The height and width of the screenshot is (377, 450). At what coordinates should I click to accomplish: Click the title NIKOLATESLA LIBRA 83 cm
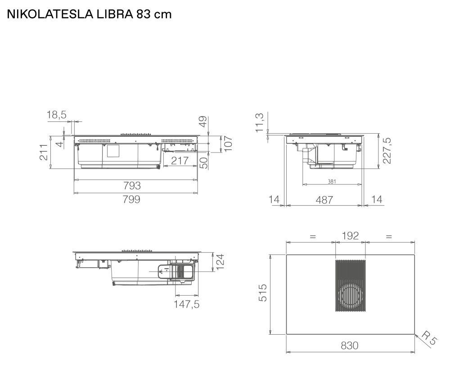pos(89,14)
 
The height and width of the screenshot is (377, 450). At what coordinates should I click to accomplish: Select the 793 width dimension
pos(132,186)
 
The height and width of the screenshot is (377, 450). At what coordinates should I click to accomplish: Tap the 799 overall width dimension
pos(131,199)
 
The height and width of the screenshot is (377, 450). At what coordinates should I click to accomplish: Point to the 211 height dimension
pos(44,152)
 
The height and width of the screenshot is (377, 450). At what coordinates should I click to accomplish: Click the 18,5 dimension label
pos(57,115)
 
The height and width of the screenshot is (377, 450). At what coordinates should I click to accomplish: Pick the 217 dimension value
pos(180,161)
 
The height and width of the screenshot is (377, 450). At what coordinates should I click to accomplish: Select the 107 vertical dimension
pos(228,144)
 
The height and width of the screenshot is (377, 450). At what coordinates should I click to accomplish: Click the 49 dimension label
pos(203,121)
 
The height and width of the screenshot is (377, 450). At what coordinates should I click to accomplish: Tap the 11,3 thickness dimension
pos(259,123)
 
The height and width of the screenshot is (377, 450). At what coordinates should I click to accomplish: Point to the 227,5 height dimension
pos(387,151)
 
